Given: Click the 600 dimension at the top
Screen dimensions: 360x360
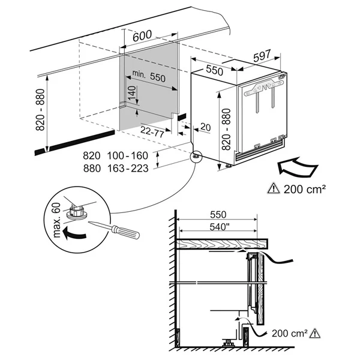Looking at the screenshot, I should [140, 36].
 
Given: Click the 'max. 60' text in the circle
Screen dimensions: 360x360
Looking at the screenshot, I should [58, 220].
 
